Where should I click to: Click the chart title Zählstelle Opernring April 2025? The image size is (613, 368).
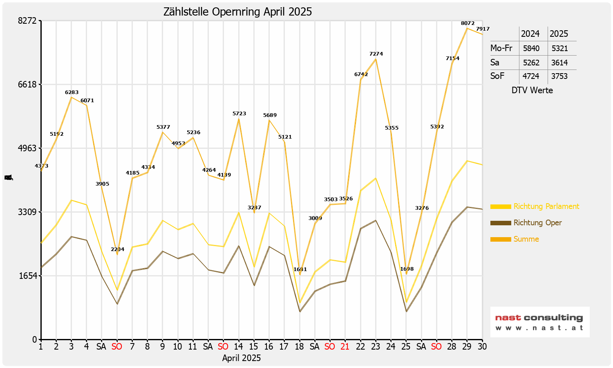coord(237,12)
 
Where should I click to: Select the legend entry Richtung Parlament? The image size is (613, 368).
coord(546,206)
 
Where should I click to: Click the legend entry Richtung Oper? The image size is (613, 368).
coord(537,223)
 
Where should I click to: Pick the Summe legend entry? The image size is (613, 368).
coord(526,239)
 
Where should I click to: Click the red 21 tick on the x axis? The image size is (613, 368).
coord(345,347)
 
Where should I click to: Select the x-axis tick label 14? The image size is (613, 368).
coord(238,347)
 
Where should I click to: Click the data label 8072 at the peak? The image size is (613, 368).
coord(468,23)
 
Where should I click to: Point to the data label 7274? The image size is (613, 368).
coord(376,54)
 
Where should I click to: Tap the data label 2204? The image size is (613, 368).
coord(118,249)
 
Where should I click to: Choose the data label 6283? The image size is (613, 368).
coord(72,92)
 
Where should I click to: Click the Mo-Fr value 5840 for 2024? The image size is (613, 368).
coord(531,48)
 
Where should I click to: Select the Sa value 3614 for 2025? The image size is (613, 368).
coord(559,63)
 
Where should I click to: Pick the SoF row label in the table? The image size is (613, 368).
coord(497,76)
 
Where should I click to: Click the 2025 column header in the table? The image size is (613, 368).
coord(559,34)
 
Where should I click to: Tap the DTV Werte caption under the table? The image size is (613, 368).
coord(532,90)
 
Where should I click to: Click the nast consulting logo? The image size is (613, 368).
coord(539,322)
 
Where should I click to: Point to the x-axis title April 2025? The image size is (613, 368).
coord(242,358)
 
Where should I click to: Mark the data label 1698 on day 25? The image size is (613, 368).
coord(407,269)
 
